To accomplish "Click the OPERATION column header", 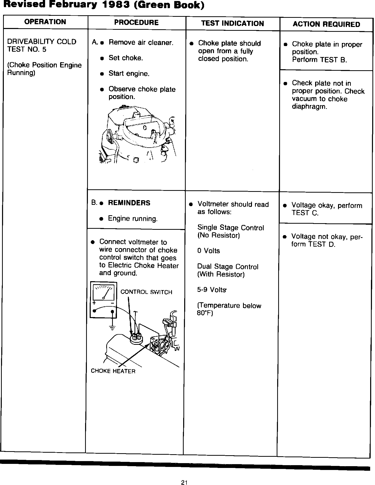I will click(45, 22).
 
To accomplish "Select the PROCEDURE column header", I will click(136, 23).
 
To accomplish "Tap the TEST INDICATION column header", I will click(232, 24).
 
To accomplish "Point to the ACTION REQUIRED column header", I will click(326, 24).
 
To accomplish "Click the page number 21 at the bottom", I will click(184, 475).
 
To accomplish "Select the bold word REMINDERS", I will click(129, 203).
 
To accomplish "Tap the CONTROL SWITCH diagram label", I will click(146, 292).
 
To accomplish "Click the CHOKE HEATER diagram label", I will click(113, 371).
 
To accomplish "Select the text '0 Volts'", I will click(208, 251).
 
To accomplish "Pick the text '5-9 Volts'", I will click(211, 290).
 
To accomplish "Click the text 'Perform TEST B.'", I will click(319, 60).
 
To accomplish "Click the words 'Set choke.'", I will click(126, 58).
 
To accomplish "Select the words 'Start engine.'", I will click(129, 74).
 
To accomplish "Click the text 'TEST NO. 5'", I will click(27, 49).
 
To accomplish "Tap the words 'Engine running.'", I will click(133, 219).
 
